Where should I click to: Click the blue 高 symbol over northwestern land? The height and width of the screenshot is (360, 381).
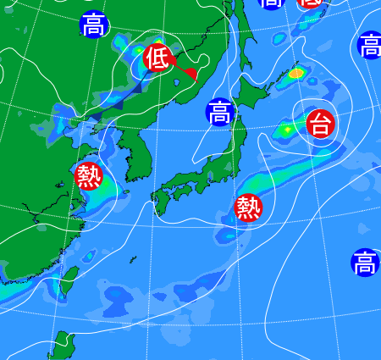pyautogui.click(x=94, y=25)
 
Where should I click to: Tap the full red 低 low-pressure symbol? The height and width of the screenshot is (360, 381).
pyautogui.click(x=156, y=58)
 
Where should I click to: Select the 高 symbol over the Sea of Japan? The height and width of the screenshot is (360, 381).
pyautogui.click(x=219, y=112)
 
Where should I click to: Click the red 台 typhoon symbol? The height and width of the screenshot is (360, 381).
pyautogui.click(x=320, y=125)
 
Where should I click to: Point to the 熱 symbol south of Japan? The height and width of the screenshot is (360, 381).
pyautogui.click(x=248, y=206)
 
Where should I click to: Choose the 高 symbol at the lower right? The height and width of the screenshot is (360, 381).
pyautogui.click(x=365, y=263)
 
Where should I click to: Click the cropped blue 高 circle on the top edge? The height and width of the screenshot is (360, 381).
pyautogui.click(x=271, y=3)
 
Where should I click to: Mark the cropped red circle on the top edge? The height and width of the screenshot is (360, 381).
pyautogui.click(x=311, y=4)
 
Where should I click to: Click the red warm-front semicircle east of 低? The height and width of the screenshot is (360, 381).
pyautogui.click(x=192, y=75)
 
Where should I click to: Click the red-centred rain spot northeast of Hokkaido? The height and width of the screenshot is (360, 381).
pyautogui.click(x=295, y=73)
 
